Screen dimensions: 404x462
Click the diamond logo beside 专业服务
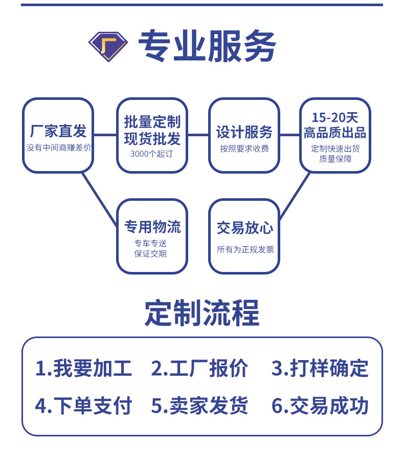108,46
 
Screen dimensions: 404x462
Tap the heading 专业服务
207,46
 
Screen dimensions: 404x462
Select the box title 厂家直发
58,131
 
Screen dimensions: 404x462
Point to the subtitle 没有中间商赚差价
58,148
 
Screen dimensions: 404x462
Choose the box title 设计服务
244,132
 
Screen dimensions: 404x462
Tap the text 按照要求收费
244,149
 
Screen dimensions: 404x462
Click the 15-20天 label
335,117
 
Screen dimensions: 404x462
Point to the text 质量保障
335,159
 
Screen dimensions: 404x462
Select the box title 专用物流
152,226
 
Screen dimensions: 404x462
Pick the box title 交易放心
244,228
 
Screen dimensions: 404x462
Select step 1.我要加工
83,368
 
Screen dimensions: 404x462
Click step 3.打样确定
320,368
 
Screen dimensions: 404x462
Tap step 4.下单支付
83,406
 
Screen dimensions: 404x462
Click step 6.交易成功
320,406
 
